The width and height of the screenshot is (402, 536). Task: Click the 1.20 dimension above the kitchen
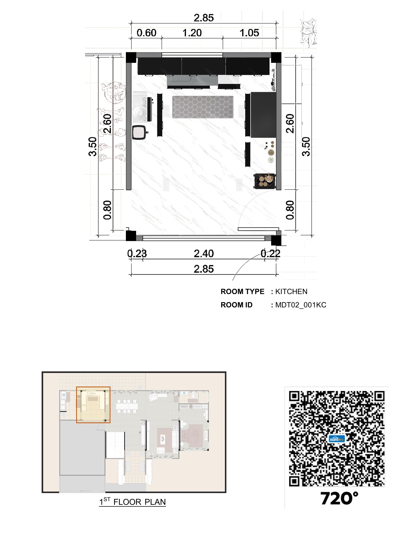tap(192, 33)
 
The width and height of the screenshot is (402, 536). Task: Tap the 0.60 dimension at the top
tap(146, 33)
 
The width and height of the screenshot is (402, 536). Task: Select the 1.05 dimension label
tap(249, 33)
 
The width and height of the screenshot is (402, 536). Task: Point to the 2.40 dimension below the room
tap(204, 254)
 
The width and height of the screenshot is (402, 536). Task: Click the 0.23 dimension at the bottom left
tap(137, 254)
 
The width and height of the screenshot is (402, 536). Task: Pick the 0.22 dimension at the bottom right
tap(270, 254)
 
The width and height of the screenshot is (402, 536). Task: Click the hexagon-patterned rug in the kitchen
tap(203, 107)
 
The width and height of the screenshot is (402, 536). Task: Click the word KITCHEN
tap(291, 292)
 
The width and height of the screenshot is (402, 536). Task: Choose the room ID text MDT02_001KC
tap(300, 305)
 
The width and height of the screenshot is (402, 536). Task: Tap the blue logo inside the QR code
tap(337, 439)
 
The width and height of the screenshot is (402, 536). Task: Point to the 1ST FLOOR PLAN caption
tap(132, 502)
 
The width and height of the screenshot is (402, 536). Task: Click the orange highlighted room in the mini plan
tap(93, 405)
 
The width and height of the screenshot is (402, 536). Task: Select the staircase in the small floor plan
tap(115, 445)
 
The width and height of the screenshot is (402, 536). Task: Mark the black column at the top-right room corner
tap(276, 57)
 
